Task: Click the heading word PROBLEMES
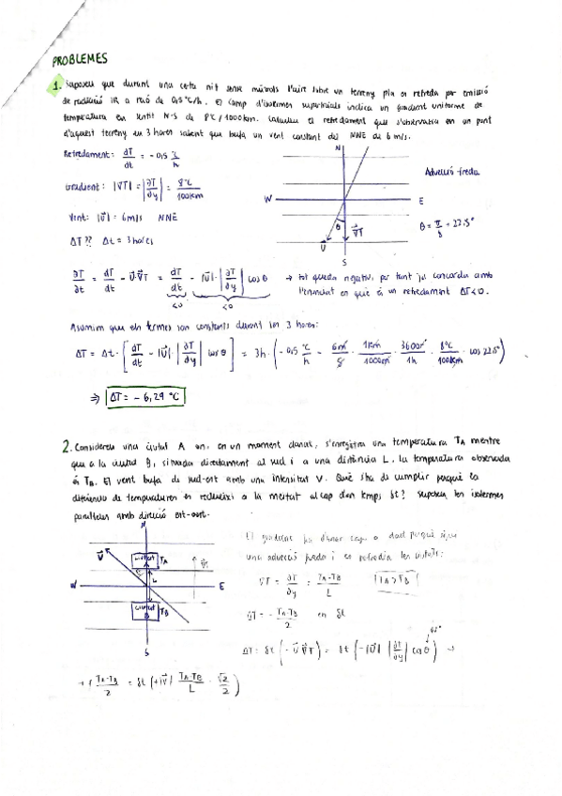(x=82, y=56)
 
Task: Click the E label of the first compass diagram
(x=420, y=200)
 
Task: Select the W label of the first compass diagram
(x=267, y=200)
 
